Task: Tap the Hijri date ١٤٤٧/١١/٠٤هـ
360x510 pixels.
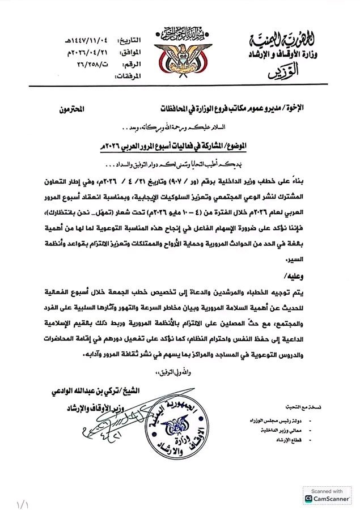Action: (83, 40)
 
